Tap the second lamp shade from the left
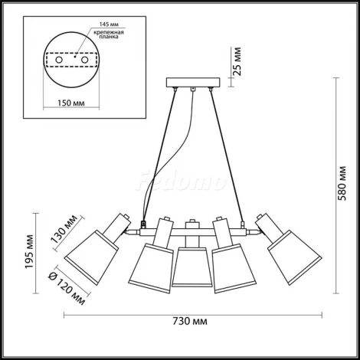[x=150, y=263]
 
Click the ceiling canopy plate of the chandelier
[x=189, y=83]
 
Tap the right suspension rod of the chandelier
[x=227, y=153]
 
